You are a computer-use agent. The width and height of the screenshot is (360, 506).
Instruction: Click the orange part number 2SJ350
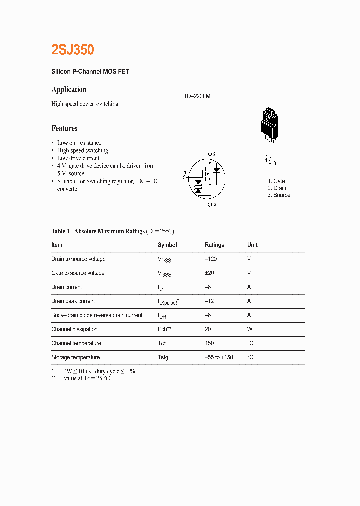[x=73, y=50]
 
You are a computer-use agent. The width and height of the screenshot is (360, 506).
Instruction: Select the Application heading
[x=69, y=90]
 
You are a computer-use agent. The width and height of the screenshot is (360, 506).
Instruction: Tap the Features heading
[x=64, y=128]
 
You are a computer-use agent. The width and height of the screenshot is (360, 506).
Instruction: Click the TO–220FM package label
[x=197, y=96]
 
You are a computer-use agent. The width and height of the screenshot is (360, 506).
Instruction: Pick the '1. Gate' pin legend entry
[x=276, y=181]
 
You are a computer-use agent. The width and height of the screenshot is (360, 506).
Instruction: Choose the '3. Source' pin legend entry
[x=278, y=195]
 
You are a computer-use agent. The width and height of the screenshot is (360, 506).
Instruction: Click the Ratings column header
[x=214, y=245]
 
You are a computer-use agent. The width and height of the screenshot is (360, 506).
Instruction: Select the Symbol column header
[x=167, y=245]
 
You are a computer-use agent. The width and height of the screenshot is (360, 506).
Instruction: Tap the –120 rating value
[x=210, y=259]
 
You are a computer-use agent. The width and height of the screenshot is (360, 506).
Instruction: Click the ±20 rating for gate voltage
[x=209, y=273]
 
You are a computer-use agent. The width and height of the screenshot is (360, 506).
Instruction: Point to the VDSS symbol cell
[x=164, y=260]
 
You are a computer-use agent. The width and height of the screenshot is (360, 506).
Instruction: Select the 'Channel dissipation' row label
[x=74, y=329]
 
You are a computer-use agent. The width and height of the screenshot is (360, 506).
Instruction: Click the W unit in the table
[x=250, y=329]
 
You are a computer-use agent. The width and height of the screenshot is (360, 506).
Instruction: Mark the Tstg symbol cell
[x=163, y=357]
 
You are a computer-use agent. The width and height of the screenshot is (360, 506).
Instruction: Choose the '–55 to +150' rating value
[x=219, y=357]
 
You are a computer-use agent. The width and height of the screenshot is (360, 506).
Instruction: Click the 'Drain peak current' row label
[x=73, y=301]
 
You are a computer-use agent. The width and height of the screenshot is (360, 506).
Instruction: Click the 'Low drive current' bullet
[x=78, y=158]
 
